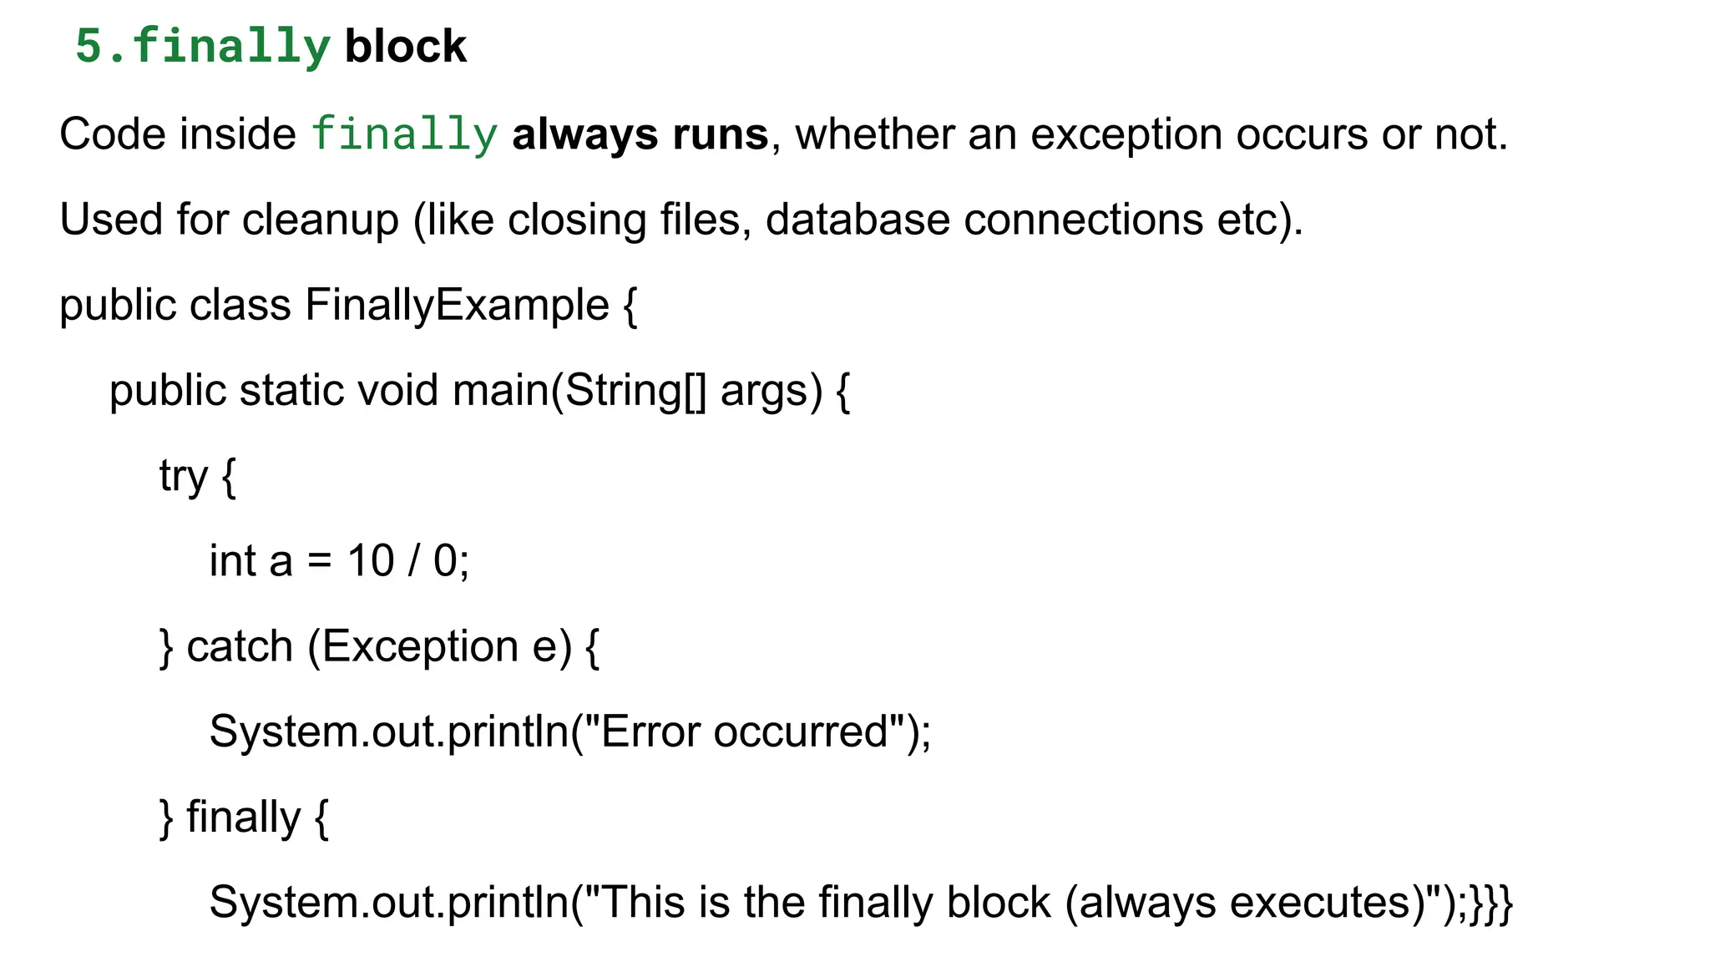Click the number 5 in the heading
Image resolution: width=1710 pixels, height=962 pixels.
point(88,46)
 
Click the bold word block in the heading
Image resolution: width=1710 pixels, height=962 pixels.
point(405,46)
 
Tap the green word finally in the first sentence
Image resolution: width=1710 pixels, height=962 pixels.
point(404,134)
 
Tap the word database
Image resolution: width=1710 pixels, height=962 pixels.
point(858,220)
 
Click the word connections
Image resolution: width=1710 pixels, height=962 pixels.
point(1083,220)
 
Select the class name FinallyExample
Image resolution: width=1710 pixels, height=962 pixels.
point(457,305)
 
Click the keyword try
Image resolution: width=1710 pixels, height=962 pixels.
point(183,477)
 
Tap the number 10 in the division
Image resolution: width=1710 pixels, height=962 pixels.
point(371,560)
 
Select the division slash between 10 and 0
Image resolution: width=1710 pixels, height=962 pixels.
point(413,560)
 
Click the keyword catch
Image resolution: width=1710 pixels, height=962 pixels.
point(240,647)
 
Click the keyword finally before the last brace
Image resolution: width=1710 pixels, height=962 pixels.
point(243,818)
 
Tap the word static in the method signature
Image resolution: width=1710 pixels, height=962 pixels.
point(291,390)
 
